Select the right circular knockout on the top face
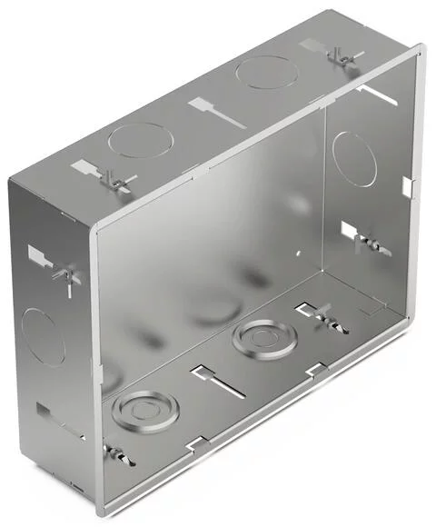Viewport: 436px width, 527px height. pyautogui.click(x=265, y=73)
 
